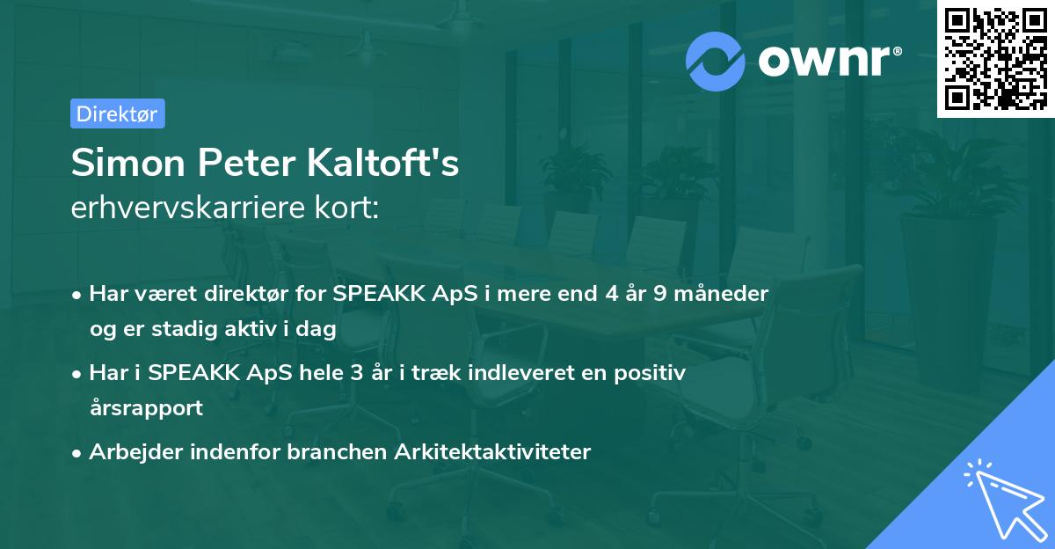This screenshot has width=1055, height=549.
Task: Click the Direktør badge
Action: click(x=117, y=113)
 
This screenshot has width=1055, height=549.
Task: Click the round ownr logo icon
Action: click(x=716, y=61)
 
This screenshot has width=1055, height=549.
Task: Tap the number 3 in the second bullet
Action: click(x=356, y=373)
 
